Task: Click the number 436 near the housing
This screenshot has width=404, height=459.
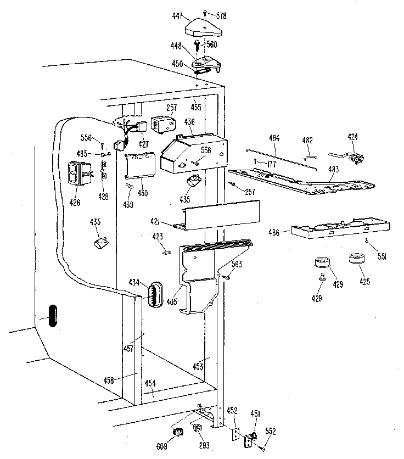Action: tap(189, 122)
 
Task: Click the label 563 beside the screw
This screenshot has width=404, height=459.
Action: tap(236, 265)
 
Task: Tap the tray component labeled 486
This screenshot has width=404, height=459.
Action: tap(340, 230)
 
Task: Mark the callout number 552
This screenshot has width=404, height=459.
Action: tap(271, 430)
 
